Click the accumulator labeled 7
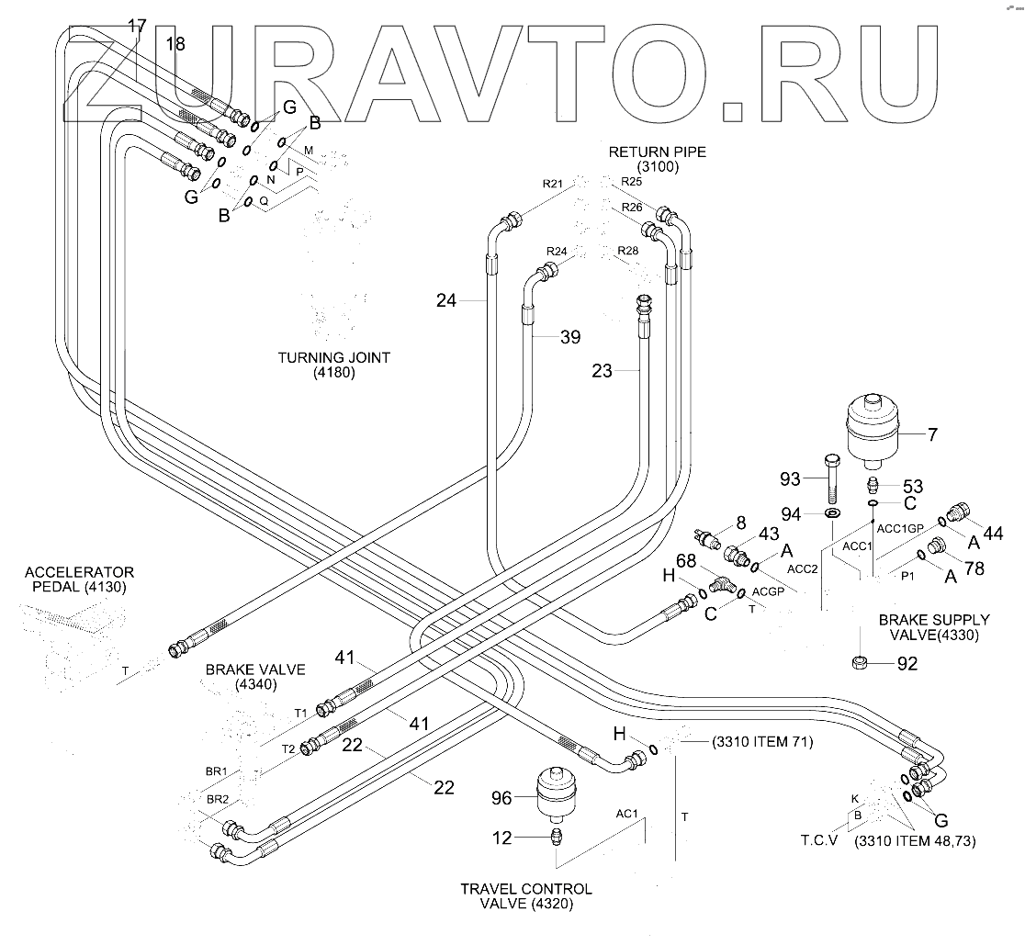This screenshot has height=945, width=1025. click(x=873, y=432)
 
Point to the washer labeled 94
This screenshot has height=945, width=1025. click(x=833, y=513)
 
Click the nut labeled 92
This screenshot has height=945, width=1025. click(x=861, y=663)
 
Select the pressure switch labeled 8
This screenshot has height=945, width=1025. click(x=708, y=536)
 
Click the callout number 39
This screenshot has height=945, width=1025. click(x=570, y=337)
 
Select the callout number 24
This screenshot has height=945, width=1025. click(x=446, y=300)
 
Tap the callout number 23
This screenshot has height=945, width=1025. click(x=603, y=371)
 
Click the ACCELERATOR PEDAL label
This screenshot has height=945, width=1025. click(x=79, y=579)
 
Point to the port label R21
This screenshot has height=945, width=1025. click(x=552, y=184)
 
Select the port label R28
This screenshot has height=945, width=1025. click(x=627, y=251)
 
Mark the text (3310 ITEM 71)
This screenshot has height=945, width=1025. click(x=762, y=742)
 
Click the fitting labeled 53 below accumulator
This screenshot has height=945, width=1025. click(x=872, y=486)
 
